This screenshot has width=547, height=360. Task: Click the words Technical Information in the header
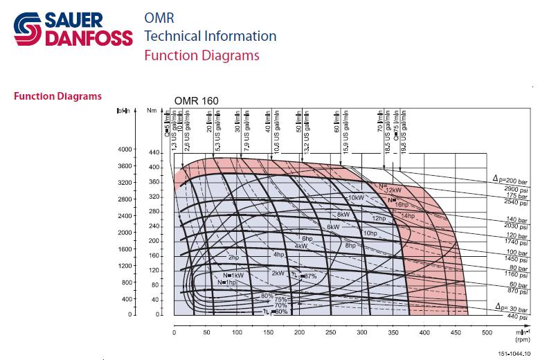(210, 36)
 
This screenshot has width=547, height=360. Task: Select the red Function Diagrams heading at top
(202, 55)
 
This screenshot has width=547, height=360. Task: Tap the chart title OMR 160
(197, 101)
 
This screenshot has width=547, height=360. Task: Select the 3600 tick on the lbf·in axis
(125, 166)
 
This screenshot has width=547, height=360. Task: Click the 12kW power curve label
(393, 190)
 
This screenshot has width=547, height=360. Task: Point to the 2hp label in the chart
(233, 258)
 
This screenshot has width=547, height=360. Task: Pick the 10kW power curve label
(356, 198)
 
